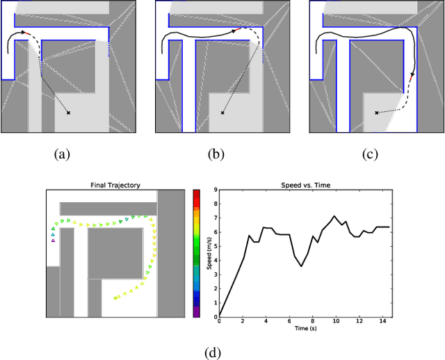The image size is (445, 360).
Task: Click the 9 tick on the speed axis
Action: pyautogui.click(x=216, y=190)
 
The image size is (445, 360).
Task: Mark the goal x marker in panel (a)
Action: pyautogui.click(x=68, y=112)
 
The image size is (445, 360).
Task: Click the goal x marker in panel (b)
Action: pyautogui.click(x=222, y=112)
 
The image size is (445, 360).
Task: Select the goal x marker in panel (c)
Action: pyautogui.click(x=376, y=112)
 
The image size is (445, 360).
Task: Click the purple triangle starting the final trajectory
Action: pyautogui.click(x=53, y=240)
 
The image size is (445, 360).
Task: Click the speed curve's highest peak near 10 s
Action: pyautogui.click(x=334, y=216)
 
